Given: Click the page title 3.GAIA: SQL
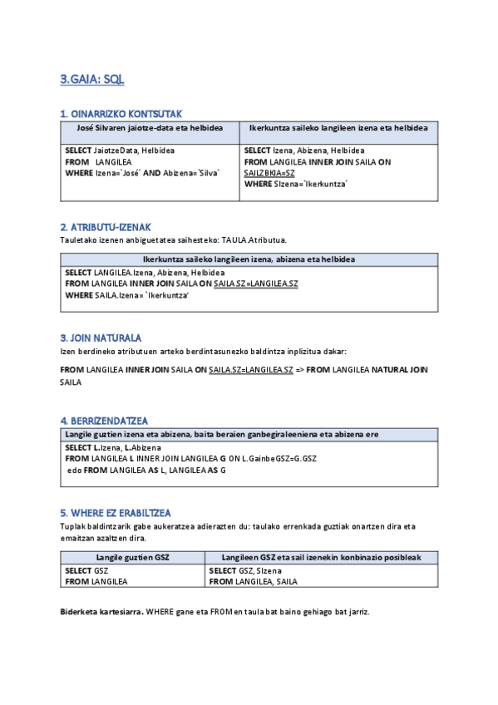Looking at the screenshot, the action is point(91,79).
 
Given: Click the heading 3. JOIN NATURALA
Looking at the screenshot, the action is point(101,338).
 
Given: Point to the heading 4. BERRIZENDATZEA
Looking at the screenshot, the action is point(104,421).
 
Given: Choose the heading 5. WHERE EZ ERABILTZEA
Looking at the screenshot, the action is point(116,513).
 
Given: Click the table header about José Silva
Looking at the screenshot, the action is point(149,128).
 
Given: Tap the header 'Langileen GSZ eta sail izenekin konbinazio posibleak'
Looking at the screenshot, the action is point(321,556).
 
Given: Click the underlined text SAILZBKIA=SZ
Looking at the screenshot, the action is point(269,173).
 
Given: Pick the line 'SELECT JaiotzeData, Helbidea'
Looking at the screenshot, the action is point(120,150).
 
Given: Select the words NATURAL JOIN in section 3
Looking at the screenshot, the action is point(402,368).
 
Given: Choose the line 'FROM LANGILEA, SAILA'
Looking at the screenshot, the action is point(254,582).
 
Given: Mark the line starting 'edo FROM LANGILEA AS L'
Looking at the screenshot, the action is point(147,470).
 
